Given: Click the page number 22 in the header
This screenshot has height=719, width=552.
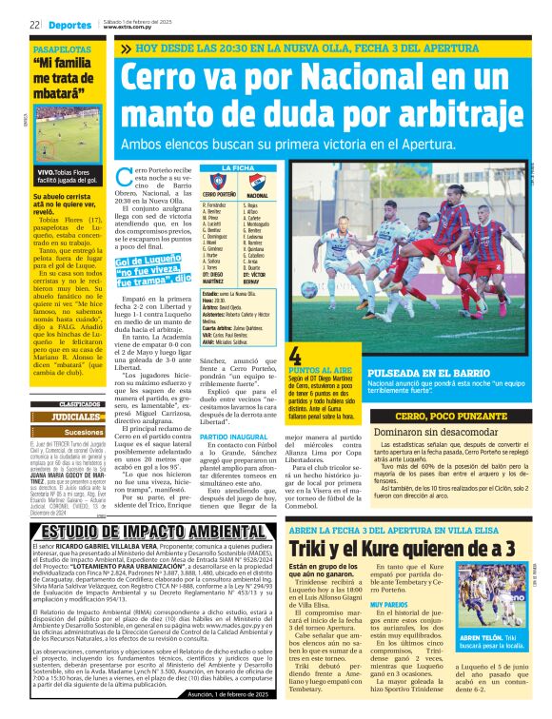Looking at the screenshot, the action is coord(33,25).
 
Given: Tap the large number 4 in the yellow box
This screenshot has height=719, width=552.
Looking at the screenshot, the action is coord(295,356).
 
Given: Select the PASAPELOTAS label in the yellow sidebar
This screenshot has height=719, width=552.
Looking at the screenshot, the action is coord(62,48).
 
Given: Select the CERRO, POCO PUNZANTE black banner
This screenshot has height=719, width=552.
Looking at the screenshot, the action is coord(443,418).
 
